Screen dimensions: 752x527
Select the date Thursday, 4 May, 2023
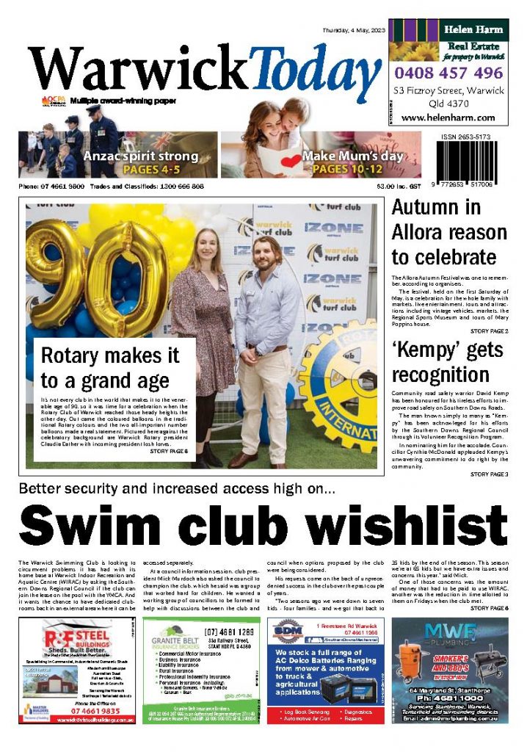352,30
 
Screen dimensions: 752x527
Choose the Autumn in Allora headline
448,233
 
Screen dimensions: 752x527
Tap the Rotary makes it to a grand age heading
110,368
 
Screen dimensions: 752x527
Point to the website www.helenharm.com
448,117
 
